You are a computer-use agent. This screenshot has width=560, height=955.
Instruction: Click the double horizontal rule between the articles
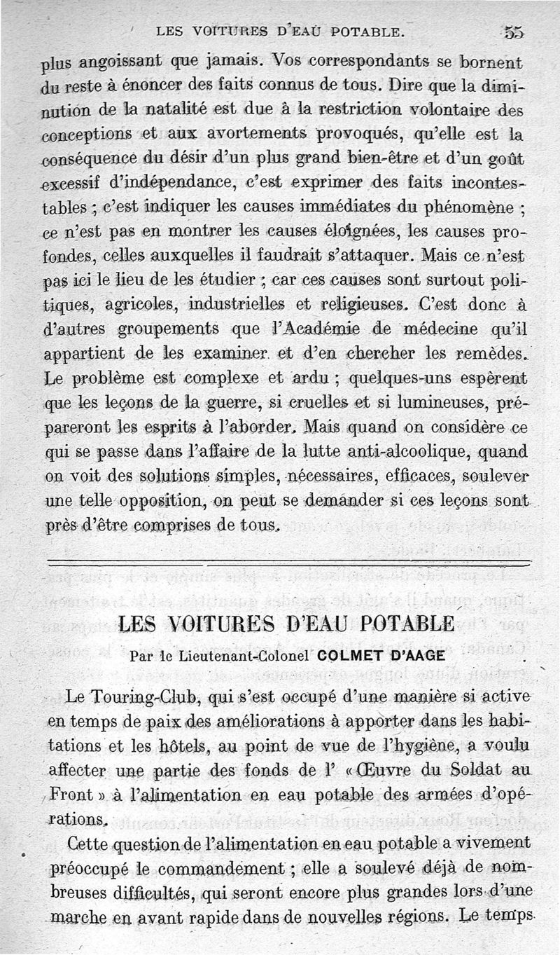point(287,562)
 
